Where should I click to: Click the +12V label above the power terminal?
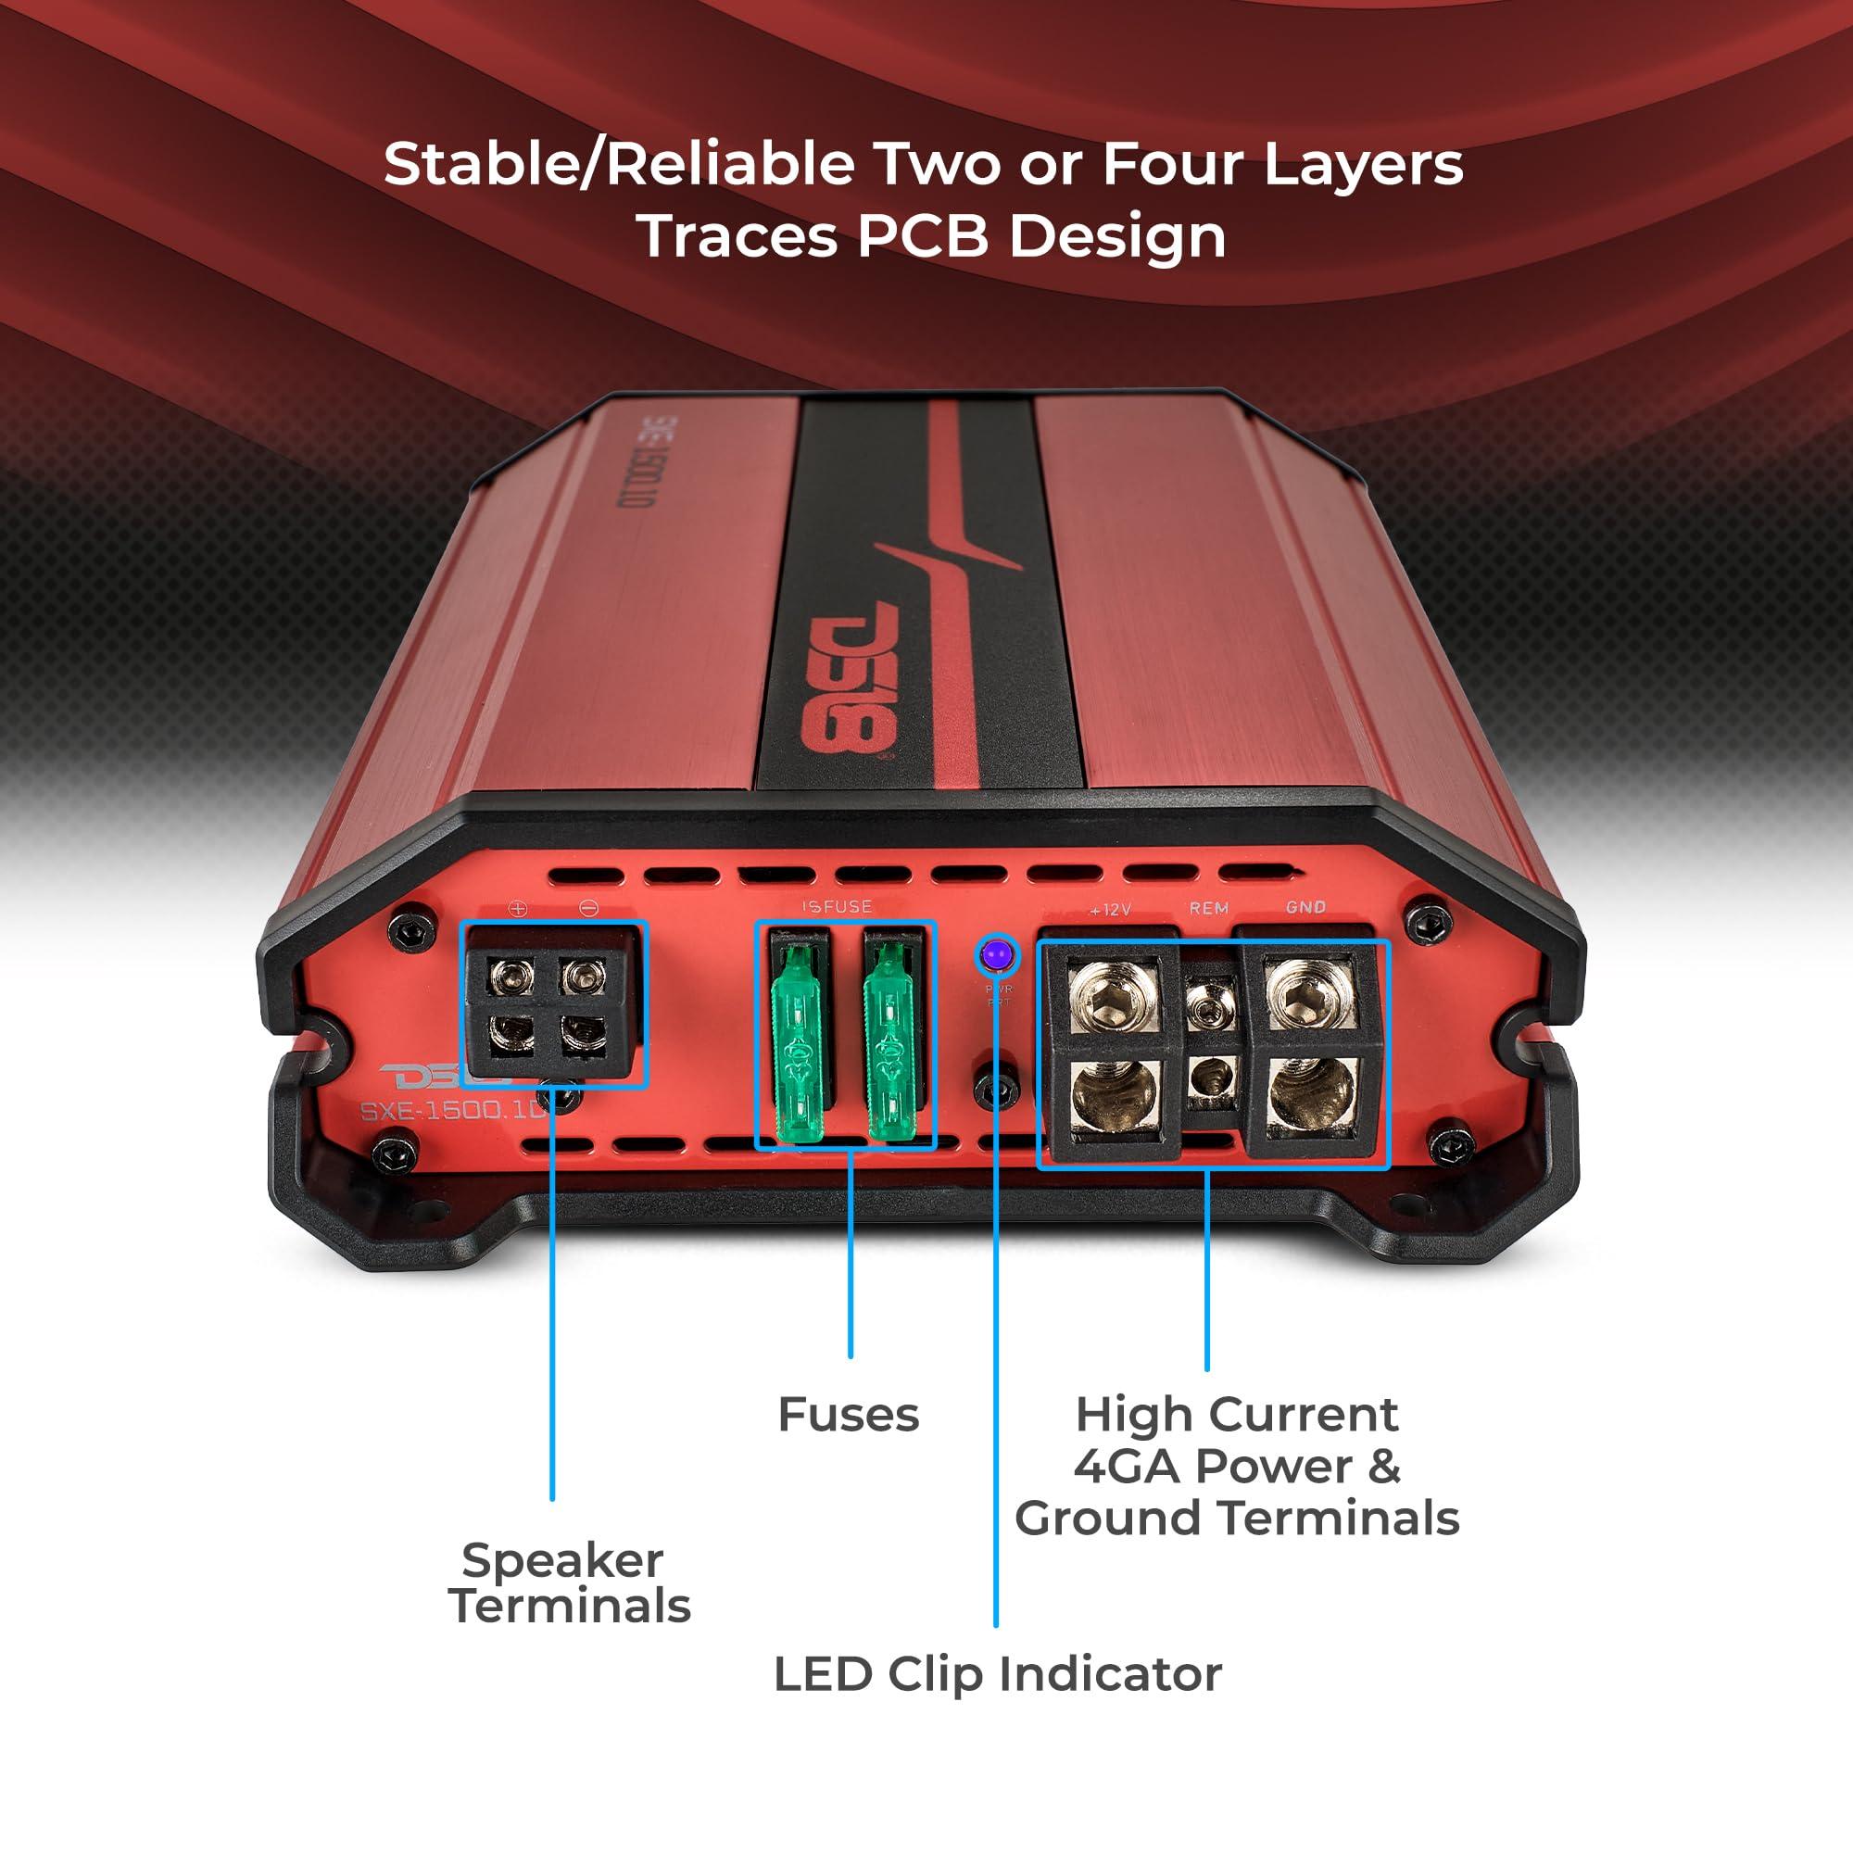1110,909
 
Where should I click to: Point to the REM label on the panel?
1208,907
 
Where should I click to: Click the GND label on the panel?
1305,906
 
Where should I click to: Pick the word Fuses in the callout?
849,1415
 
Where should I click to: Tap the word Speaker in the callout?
562,1560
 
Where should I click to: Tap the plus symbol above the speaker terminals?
519,908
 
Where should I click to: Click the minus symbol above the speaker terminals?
589,908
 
